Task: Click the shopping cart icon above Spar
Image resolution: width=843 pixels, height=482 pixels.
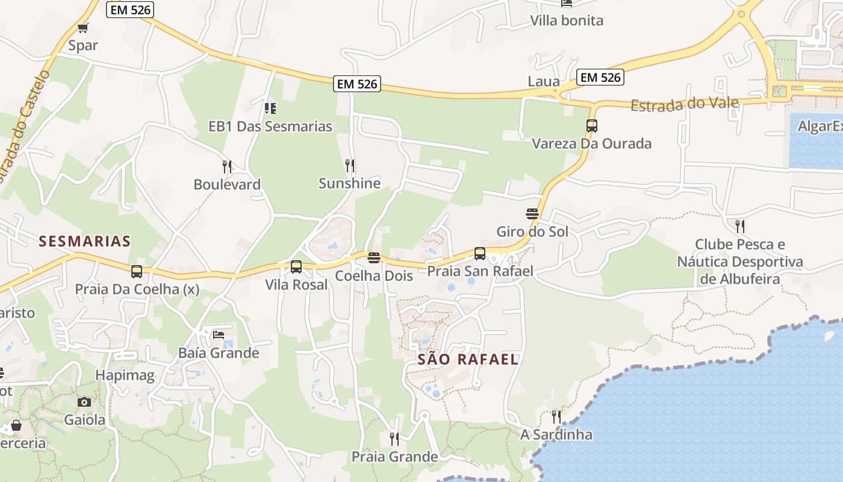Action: [83, 28]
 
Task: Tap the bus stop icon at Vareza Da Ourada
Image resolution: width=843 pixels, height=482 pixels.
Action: [592, 126]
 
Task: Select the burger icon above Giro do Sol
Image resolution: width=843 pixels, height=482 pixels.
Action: [532, 214]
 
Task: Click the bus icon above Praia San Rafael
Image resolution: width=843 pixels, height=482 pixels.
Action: [480, 254]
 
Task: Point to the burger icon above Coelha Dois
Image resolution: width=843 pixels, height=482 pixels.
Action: [374, 258]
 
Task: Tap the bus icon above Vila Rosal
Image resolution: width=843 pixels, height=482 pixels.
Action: [296, 267]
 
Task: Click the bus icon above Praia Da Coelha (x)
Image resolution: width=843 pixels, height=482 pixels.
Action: [137, 272]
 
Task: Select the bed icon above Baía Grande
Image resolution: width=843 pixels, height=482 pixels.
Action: [219, 334]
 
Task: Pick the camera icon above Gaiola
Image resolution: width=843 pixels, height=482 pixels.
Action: [84, 402]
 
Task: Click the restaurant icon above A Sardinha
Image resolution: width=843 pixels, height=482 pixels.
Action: [556, 416]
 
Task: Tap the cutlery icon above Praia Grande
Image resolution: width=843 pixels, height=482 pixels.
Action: [394, 439]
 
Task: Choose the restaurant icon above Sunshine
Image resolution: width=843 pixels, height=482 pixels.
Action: [349, 165]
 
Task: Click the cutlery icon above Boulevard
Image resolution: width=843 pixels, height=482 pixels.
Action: [227, 167]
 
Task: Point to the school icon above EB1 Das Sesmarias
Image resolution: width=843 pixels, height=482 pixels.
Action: [270, 108]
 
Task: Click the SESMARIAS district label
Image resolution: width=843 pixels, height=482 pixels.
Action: [85, 242]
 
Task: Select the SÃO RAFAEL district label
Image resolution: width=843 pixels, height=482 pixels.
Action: [468, 360]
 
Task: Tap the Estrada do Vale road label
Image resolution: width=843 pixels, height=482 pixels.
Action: [685, 104]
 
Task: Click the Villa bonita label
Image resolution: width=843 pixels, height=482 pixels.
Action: [567, 20]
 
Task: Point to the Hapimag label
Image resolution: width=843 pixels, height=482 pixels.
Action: [125, 377]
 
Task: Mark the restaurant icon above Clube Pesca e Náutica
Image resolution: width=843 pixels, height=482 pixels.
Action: [740, 227]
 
